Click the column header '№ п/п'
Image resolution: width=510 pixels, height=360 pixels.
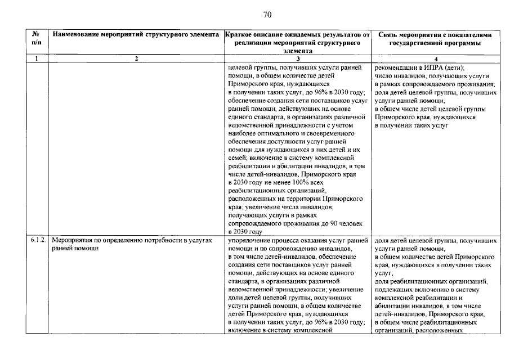tap(37, 39)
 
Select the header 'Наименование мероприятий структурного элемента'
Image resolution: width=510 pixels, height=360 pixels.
tap(136, 35)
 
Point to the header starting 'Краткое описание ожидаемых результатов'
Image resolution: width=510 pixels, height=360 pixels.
tap(297, 35)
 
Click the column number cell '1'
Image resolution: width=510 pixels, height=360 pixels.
tap(37, 58)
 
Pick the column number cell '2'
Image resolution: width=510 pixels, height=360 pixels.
tap(136, 58)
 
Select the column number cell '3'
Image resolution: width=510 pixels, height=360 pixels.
tap(297, 58)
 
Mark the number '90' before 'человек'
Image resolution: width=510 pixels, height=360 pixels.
tap(318, 223)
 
